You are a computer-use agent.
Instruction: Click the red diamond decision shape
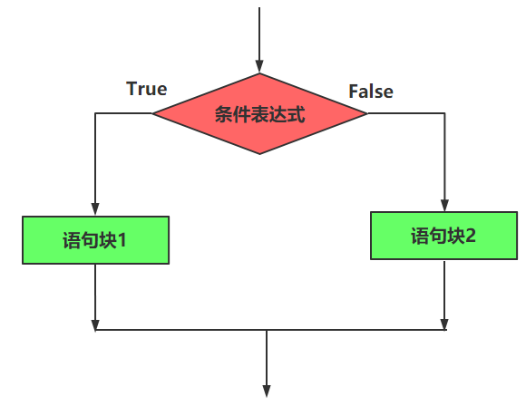click(259, 113)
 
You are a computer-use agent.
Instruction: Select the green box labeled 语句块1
click(95, 240)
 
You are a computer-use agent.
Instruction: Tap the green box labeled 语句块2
click(443, 236)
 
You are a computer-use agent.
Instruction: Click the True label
click(147, 89)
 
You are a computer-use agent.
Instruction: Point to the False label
click(371, 92)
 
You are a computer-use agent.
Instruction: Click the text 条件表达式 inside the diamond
click(260, 114)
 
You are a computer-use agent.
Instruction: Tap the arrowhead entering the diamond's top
click(259, 66)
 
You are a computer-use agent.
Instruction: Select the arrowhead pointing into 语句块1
click(95, 209)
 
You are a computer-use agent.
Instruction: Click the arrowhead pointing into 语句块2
click(444, 205)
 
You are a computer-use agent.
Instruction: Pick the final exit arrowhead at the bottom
click(267, 391)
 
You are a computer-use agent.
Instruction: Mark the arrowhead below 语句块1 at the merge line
click(95, 324)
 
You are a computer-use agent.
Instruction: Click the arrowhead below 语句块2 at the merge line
click(444, 324)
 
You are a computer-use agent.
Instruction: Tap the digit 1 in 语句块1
click(122, 240)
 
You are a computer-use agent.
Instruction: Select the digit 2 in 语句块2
click(470, 236)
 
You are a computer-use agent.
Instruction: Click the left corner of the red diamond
click(152, 113)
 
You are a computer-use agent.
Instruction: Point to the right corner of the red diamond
click(367, 113)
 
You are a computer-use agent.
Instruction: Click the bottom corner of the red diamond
click(259, 154)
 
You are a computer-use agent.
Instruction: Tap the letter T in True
click(131, 89)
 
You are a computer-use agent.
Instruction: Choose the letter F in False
click(354, 92)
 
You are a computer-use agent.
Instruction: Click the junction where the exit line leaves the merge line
click(267, 330)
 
